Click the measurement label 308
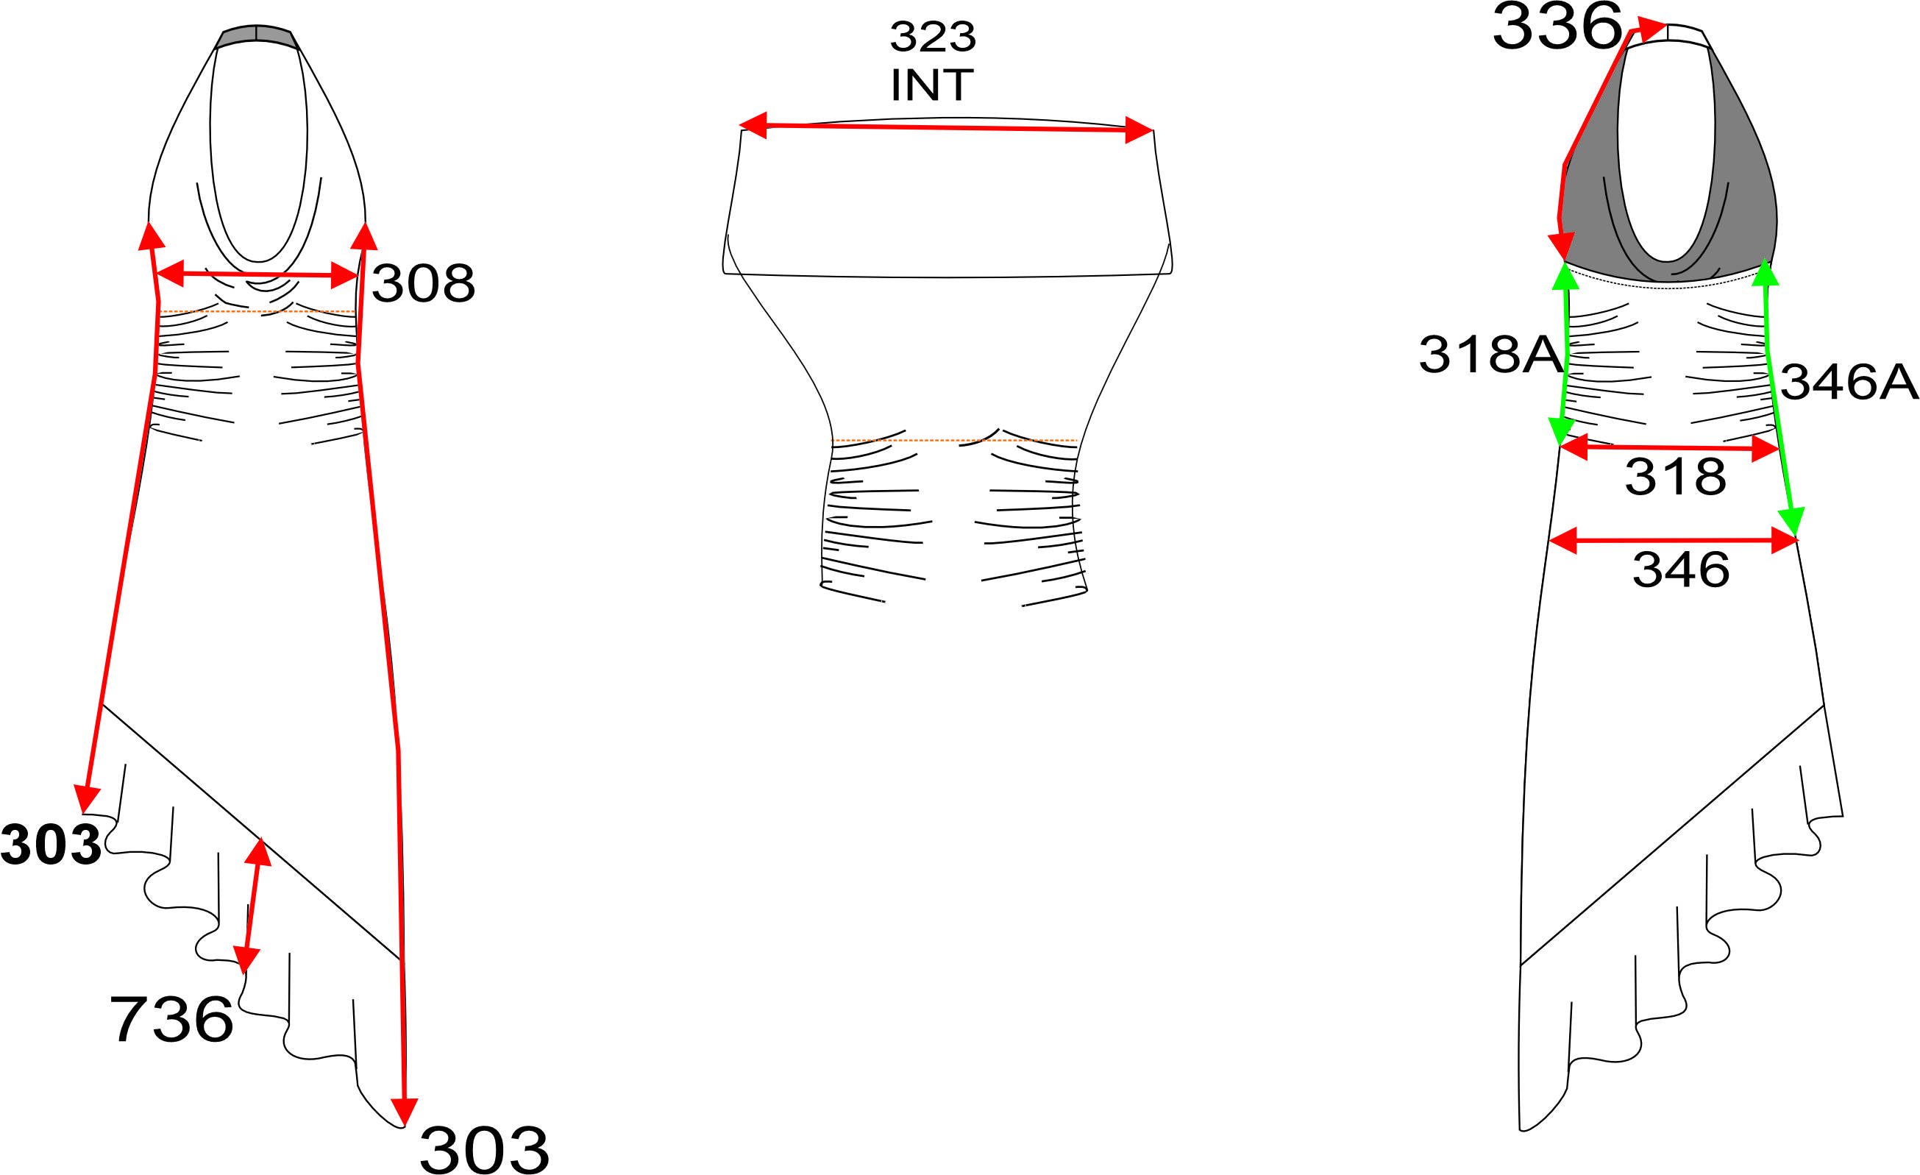[423, 283]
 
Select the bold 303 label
[51, 845]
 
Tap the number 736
[171, 1019]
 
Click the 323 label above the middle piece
[933, 37]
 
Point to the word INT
[932, 85]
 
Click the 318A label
[1490, 355]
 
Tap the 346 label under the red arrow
[1681, 569]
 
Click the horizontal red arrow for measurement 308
[257, 274]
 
